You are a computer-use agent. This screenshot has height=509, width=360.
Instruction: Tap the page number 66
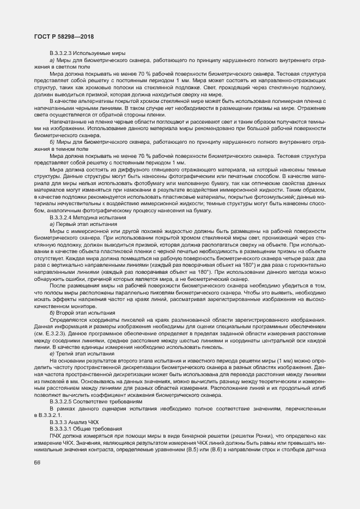pos(37,462)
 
